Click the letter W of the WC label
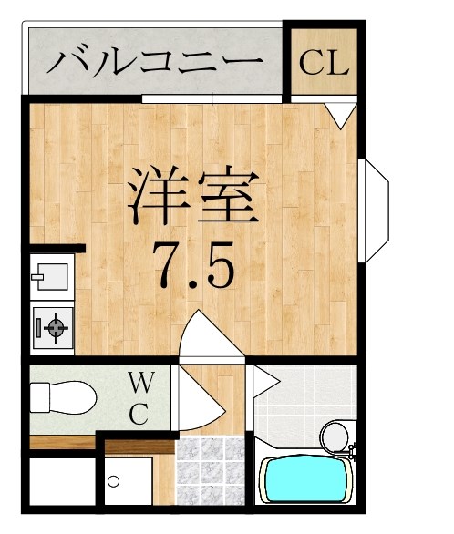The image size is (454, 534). point(139,381)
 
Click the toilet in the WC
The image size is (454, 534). point(64,398)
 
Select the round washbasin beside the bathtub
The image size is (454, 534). point(335,435)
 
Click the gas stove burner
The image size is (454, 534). point(53,326)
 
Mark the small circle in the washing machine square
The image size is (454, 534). point(115,479)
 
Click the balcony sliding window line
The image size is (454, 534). point(214,98)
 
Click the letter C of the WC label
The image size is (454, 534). point(139,416)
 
